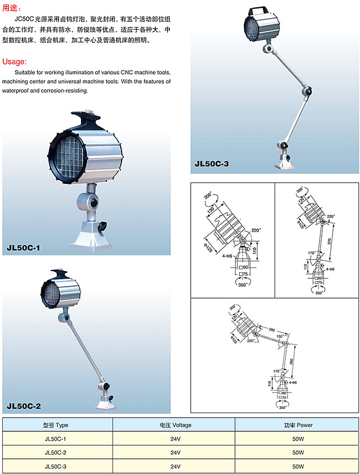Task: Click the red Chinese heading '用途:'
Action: pyautogui.click(x=12, y=8)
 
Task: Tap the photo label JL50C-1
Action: pyautogui.click(x=24, y=247)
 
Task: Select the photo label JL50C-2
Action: pyautogui.click(x=24, y=405)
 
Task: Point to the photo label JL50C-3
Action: pyautogui.click(x=211, y=164)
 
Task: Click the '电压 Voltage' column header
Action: pyautogui.click(x=174, y=425)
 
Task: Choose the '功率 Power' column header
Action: pyautogui.click(x=297, y=425)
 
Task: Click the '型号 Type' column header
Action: pyautogui.click(x=55, y=425)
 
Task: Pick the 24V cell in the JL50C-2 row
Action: pyautogui.click(x=174, y=452)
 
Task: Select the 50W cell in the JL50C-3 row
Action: pyautogui.click(x=297, y=466)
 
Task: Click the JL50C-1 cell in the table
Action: pyautogui.click(x=55, y=439)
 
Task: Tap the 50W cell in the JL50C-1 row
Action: pyautogui.click(x=297, y=439)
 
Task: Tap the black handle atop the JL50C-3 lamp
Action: pyautogui.click(x=257, y=11)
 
